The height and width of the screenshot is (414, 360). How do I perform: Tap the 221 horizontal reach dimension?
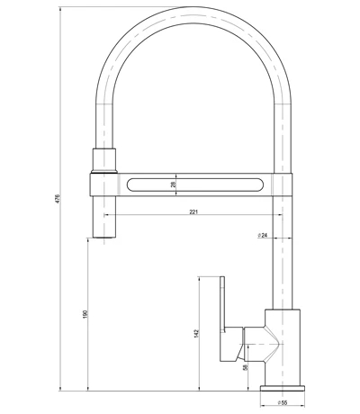pyautogui.click(x=194, y=212)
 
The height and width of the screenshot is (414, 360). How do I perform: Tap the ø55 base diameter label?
pyautogui.click(x=281, y=404)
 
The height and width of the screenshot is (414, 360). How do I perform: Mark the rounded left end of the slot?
pyautogui.click(x=132, y=184)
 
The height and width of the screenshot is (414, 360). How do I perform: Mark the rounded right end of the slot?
pyautogui.click(x=263, y=184)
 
